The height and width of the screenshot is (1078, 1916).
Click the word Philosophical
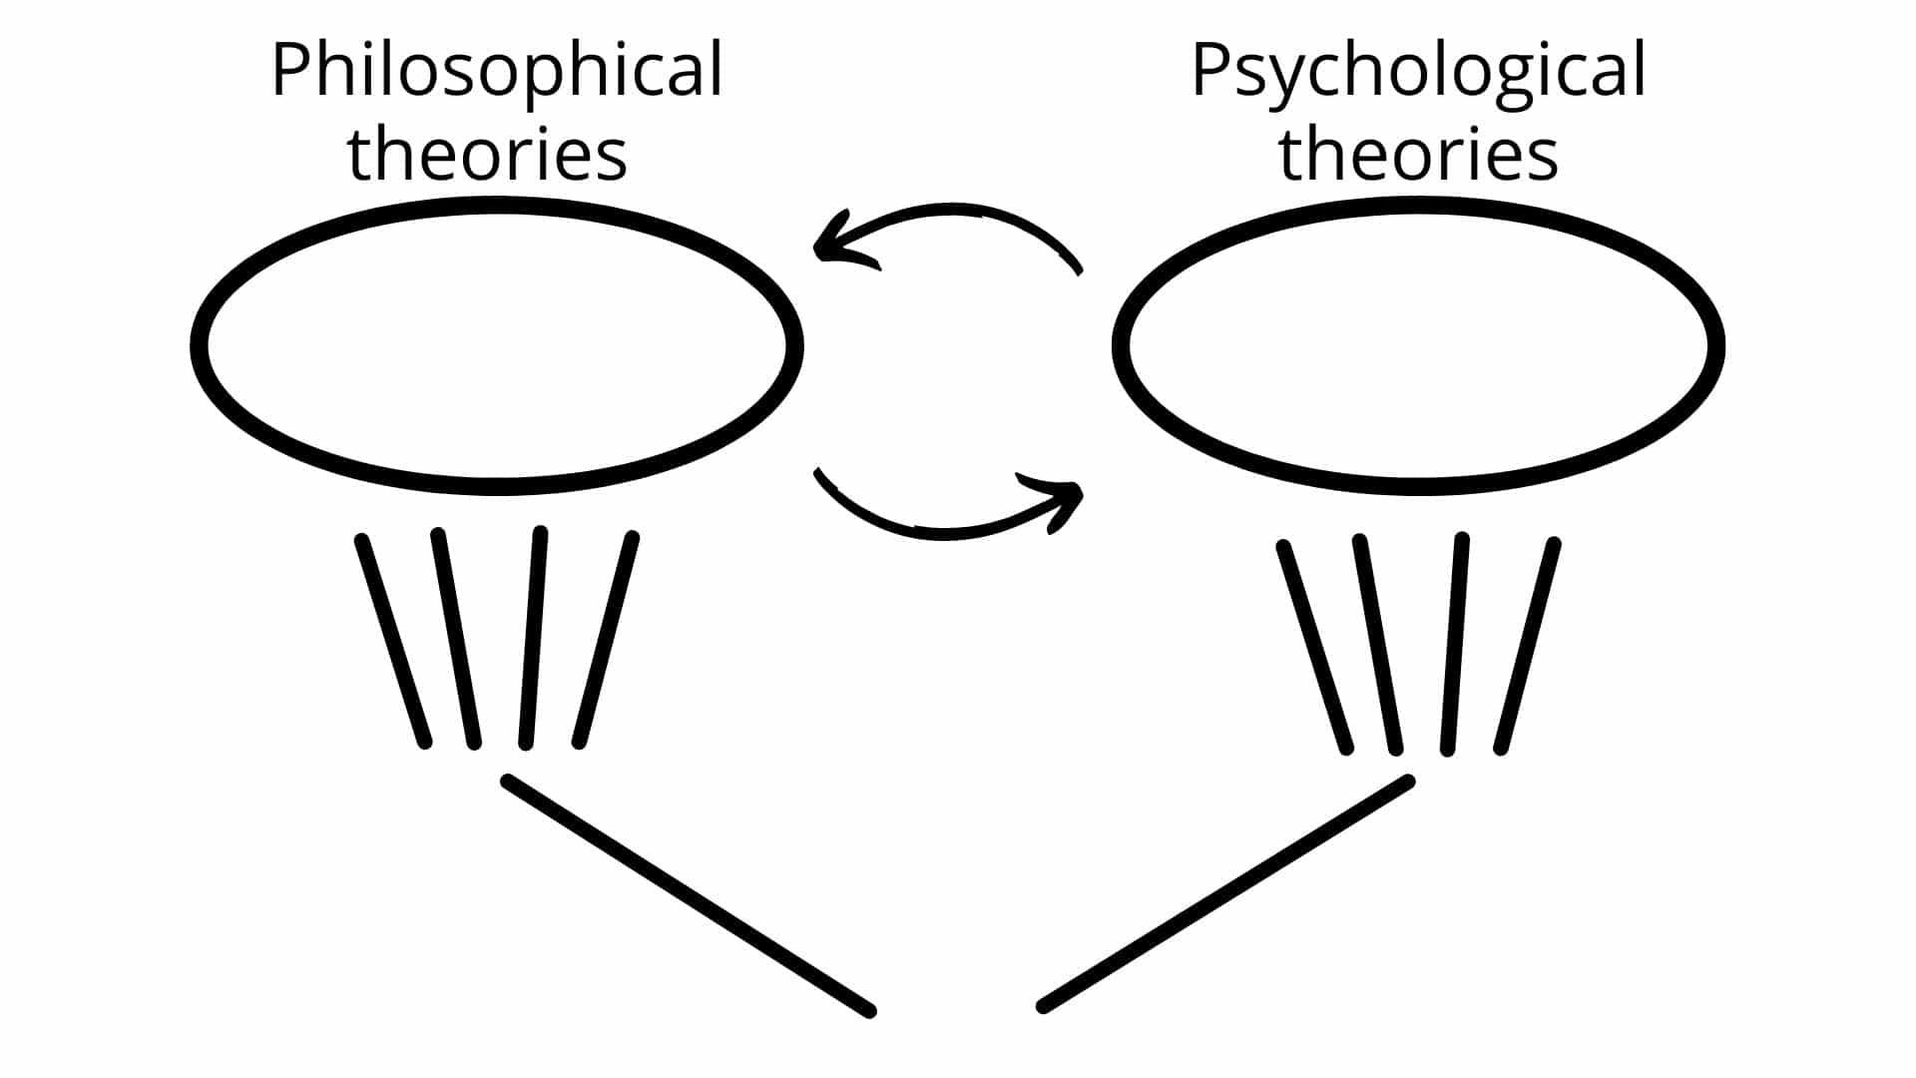point(497,72)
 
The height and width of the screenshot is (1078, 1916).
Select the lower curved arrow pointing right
point(943,534)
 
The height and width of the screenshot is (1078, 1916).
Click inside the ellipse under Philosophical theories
point(497,345)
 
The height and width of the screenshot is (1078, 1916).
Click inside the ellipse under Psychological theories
point(1418,345)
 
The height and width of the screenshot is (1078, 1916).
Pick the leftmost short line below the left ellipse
point(393,641)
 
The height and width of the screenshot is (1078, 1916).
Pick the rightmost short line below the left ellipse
point(605,640)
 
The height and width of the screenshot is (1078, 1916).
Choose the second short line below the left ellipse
point(456,638)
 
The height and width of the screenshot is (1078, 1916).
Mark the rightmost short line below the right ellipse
point(1527,646)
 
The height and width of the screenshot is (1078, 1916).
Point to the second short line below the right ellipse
point(1378,644)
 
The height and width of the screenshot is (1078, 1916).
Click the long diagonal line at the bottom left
point(689,895)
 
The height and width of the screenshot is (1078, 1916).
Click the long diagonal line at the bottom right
point(1226,893)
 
